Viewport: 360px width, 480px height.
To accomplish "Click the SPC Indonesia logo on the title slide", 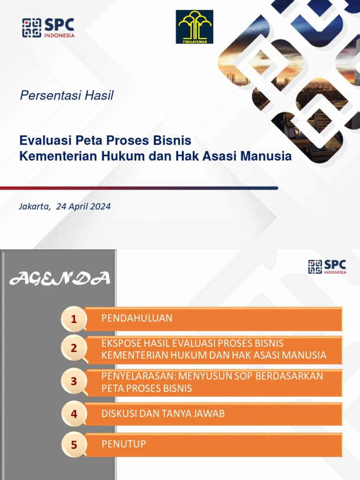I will (48, 28).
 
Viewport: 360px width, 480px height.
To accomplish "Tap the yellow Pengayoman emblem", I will (195, 27).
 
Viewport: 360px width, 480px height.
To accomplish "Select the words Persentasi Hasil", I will (66, 96).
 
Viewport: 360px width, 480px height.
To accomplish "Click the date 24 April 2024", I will (83, 206).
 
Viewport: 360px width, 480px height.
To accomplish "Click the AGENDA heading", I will (60, 279).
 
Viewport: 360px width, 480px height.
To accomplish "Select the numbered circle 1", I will (73, 320).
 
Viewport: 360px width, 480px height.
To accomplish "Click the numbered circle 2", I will (73, 348).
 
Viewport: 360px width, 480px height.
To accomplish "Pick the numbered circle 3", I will (73, 382).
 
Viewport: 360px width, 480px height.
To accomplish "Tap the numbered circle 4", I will (73, 414).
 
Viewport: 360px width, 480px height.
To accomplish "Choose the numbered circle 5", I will (73, 445).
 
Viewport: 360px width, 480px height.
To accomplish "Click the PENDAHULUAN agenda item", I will (137, 318).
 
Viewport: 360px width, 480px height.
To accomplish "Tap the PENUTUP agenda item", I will (124, 443).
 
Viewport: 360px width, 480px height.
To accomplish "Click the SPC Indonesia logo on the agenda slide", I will (327, 267).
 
